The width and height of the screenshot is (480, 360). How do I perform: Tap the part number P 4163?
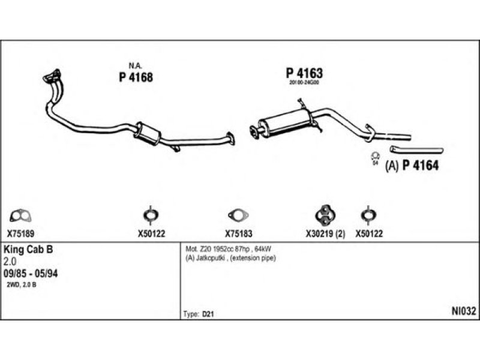pos(304,73)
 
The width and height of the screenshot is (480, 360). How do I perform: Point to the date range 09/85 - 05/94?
pos(31,273)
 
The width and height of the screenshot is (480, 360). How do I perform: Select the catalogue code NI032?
pos(464,311)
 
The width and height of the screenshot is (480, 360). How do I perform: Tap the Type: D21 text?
pos(198,314)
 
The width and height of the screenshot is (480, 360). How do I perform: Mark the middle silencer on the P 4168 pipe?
pos(149,133)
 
